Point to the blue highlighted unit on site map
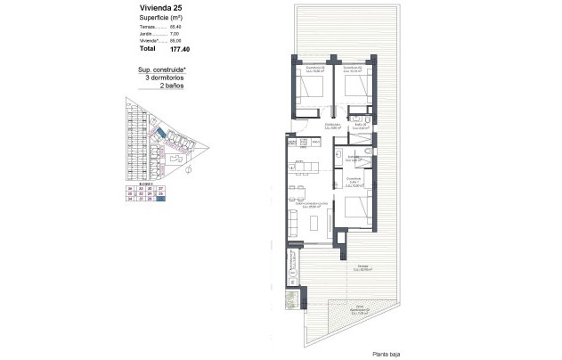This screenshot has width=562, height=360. click(x=160, y=133)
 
